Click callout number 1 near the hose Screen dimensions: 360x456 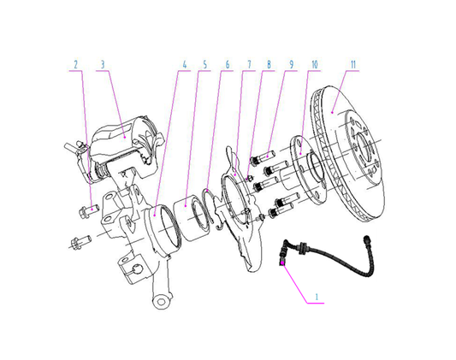317,298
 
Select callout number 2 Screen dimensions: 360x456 75,65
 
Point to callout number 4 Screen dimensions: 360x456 182,65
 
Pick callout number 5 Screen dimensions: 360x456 204,65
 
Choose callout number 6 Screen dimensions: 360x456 226,65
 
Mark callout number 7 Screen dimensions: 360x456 248,65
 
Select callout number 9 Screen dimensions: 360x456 291,65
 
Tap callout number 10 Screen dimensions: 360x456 314,65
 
